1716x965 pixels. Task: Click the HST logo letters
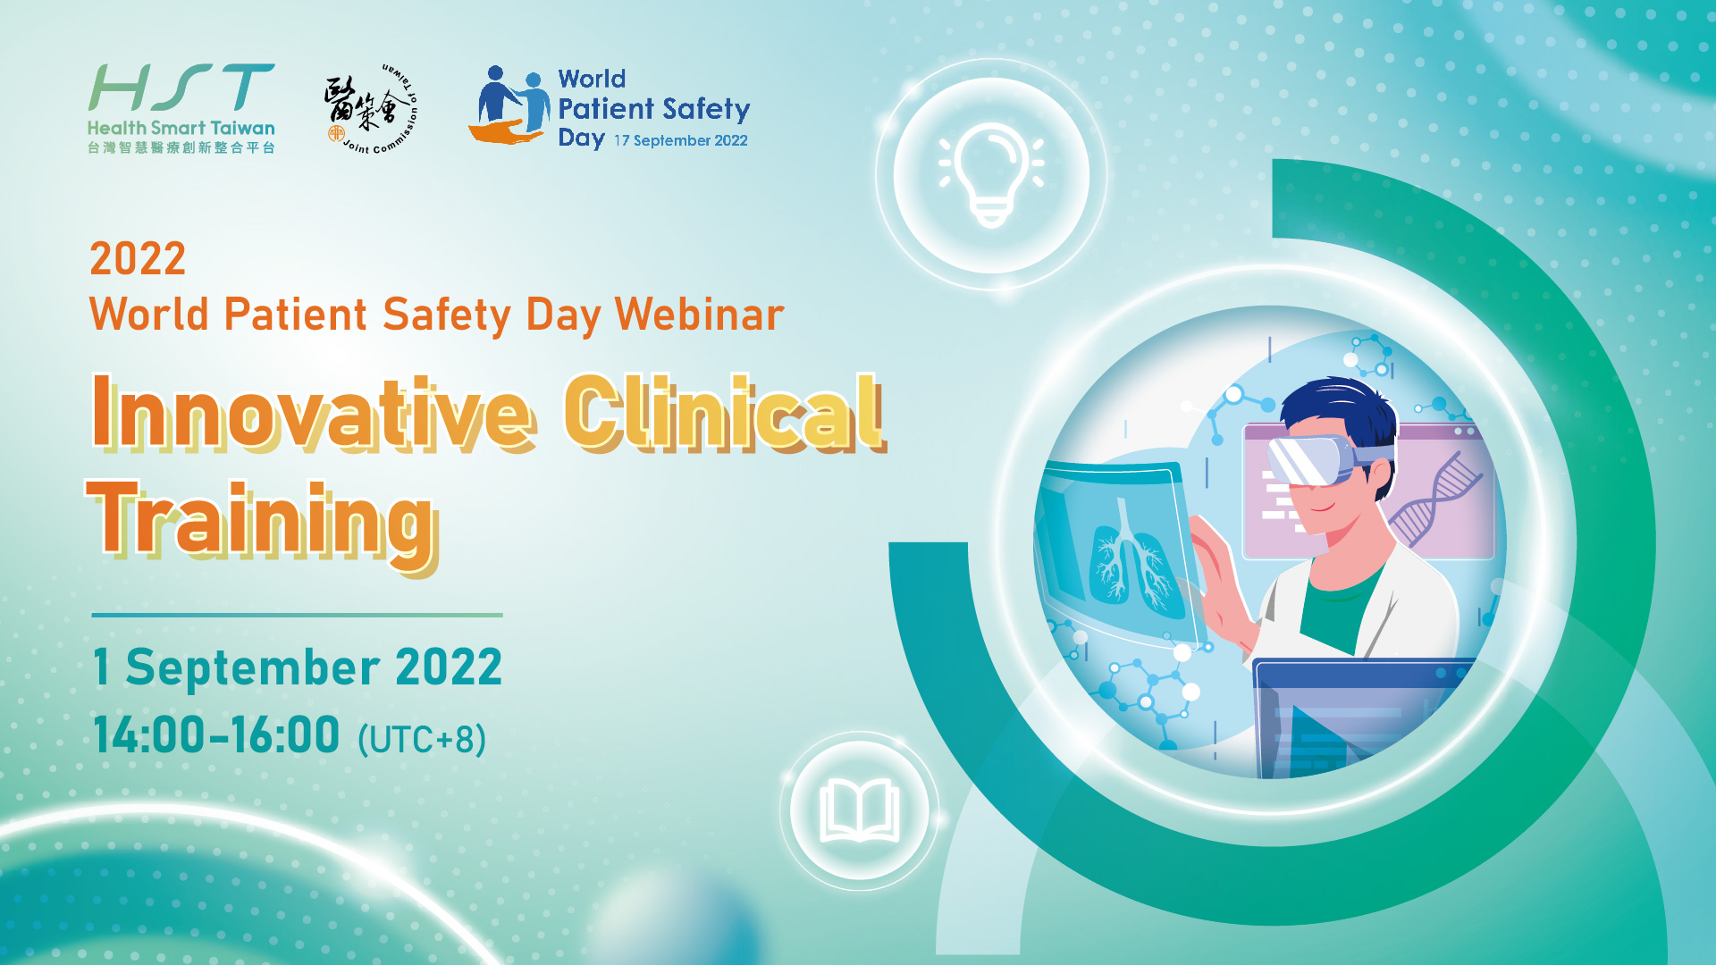pyautogui.click(x=181, y=88)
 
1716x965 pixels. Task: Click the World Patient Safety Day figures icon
pyautogui.click(x=509, y=105)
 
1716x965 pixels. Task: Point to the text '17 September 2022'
pyautogui.click(x=680, y=140)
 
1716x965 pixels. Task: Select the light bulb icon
pyautogui.click(x=991, y=174)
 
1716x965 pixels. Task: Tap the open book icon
pyautogui.click(x=860, y=810)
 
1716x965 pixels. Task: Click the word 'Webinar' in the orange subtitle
pyautogui.click(x=700, y=315)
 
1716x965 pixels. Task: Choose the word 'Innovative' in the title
pyautogui.click(x=314, y=413)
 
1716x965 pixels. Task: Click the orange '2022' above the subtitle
pyautogui.click(x=138, y=259)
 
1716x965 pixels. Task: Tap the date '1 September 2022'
pyautogui.click(x=298, y=667)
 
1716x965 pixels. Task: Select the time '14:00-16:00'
pyautogui.click(x=216, y=735)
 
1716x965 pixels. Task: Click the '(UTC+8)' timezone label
pyautogui.click(x=422, y=740)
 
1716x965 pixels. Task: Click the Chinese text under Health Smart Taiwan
pyautogui.click(x=181, y=147)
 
